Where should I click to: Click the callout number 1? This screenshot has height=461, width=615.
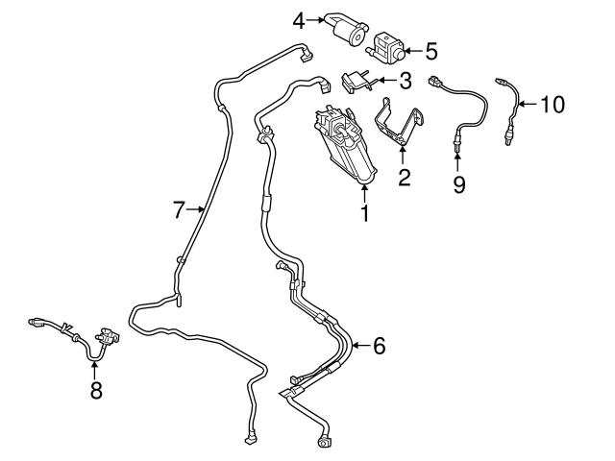click(365, 213)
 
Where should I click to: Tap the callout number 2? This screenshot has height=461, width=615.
click(405, 177)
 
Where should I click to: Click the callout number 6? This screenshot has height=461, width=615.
click(379, 345)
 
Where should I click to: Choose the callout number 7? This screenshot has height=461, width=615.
click(179, 208)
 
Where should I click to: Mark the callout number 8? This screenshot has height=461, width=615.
click(95, 391)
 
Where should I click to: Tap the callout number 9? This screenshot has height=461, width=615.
click(458, 182)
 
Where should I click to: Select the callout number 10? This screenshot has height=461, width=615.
click(552, 103)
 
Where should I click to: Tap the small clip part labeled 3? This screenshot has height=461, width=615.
click(357, 80)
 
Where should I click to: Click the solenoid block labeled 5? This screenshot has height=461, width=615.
click(388, 44)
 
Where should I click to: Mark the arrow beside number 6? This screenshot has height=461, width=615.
click(358, 345)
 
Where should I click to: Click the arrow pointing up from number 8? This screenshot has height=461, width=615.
click(95, 368)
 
